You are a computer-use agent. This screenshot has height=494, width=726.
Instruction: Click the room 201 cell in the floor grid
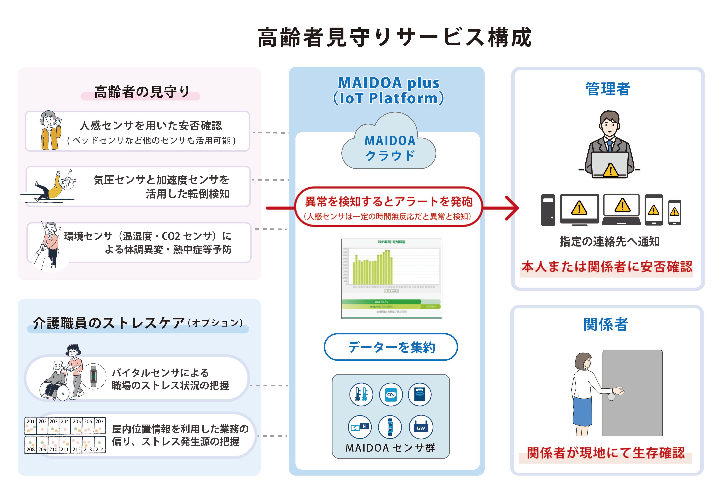point(30,426)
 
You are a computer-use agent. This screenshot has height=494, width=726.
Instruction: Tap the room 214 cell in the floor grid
point(100,445)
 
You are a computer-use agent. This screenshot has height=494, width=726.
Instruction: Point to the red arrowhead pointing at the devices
point(512,208)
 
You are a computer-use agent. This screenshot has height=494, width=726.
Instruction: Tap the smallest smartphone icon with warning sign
point(674,212)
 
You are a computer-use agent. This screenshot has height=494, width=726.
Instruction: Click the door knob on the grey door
point(611,397)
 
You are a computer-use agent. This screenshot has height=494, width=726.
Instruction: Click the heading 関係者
point(606,325)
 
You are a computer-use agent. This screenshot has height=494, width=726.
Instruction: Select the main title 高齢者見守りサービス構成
point(394,37)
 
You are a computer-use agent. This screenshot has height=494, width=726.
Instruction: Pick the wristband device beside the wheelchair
point(93,376)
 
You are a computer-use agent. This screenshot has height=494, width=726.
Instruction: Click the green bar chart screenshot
point(391,279)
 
